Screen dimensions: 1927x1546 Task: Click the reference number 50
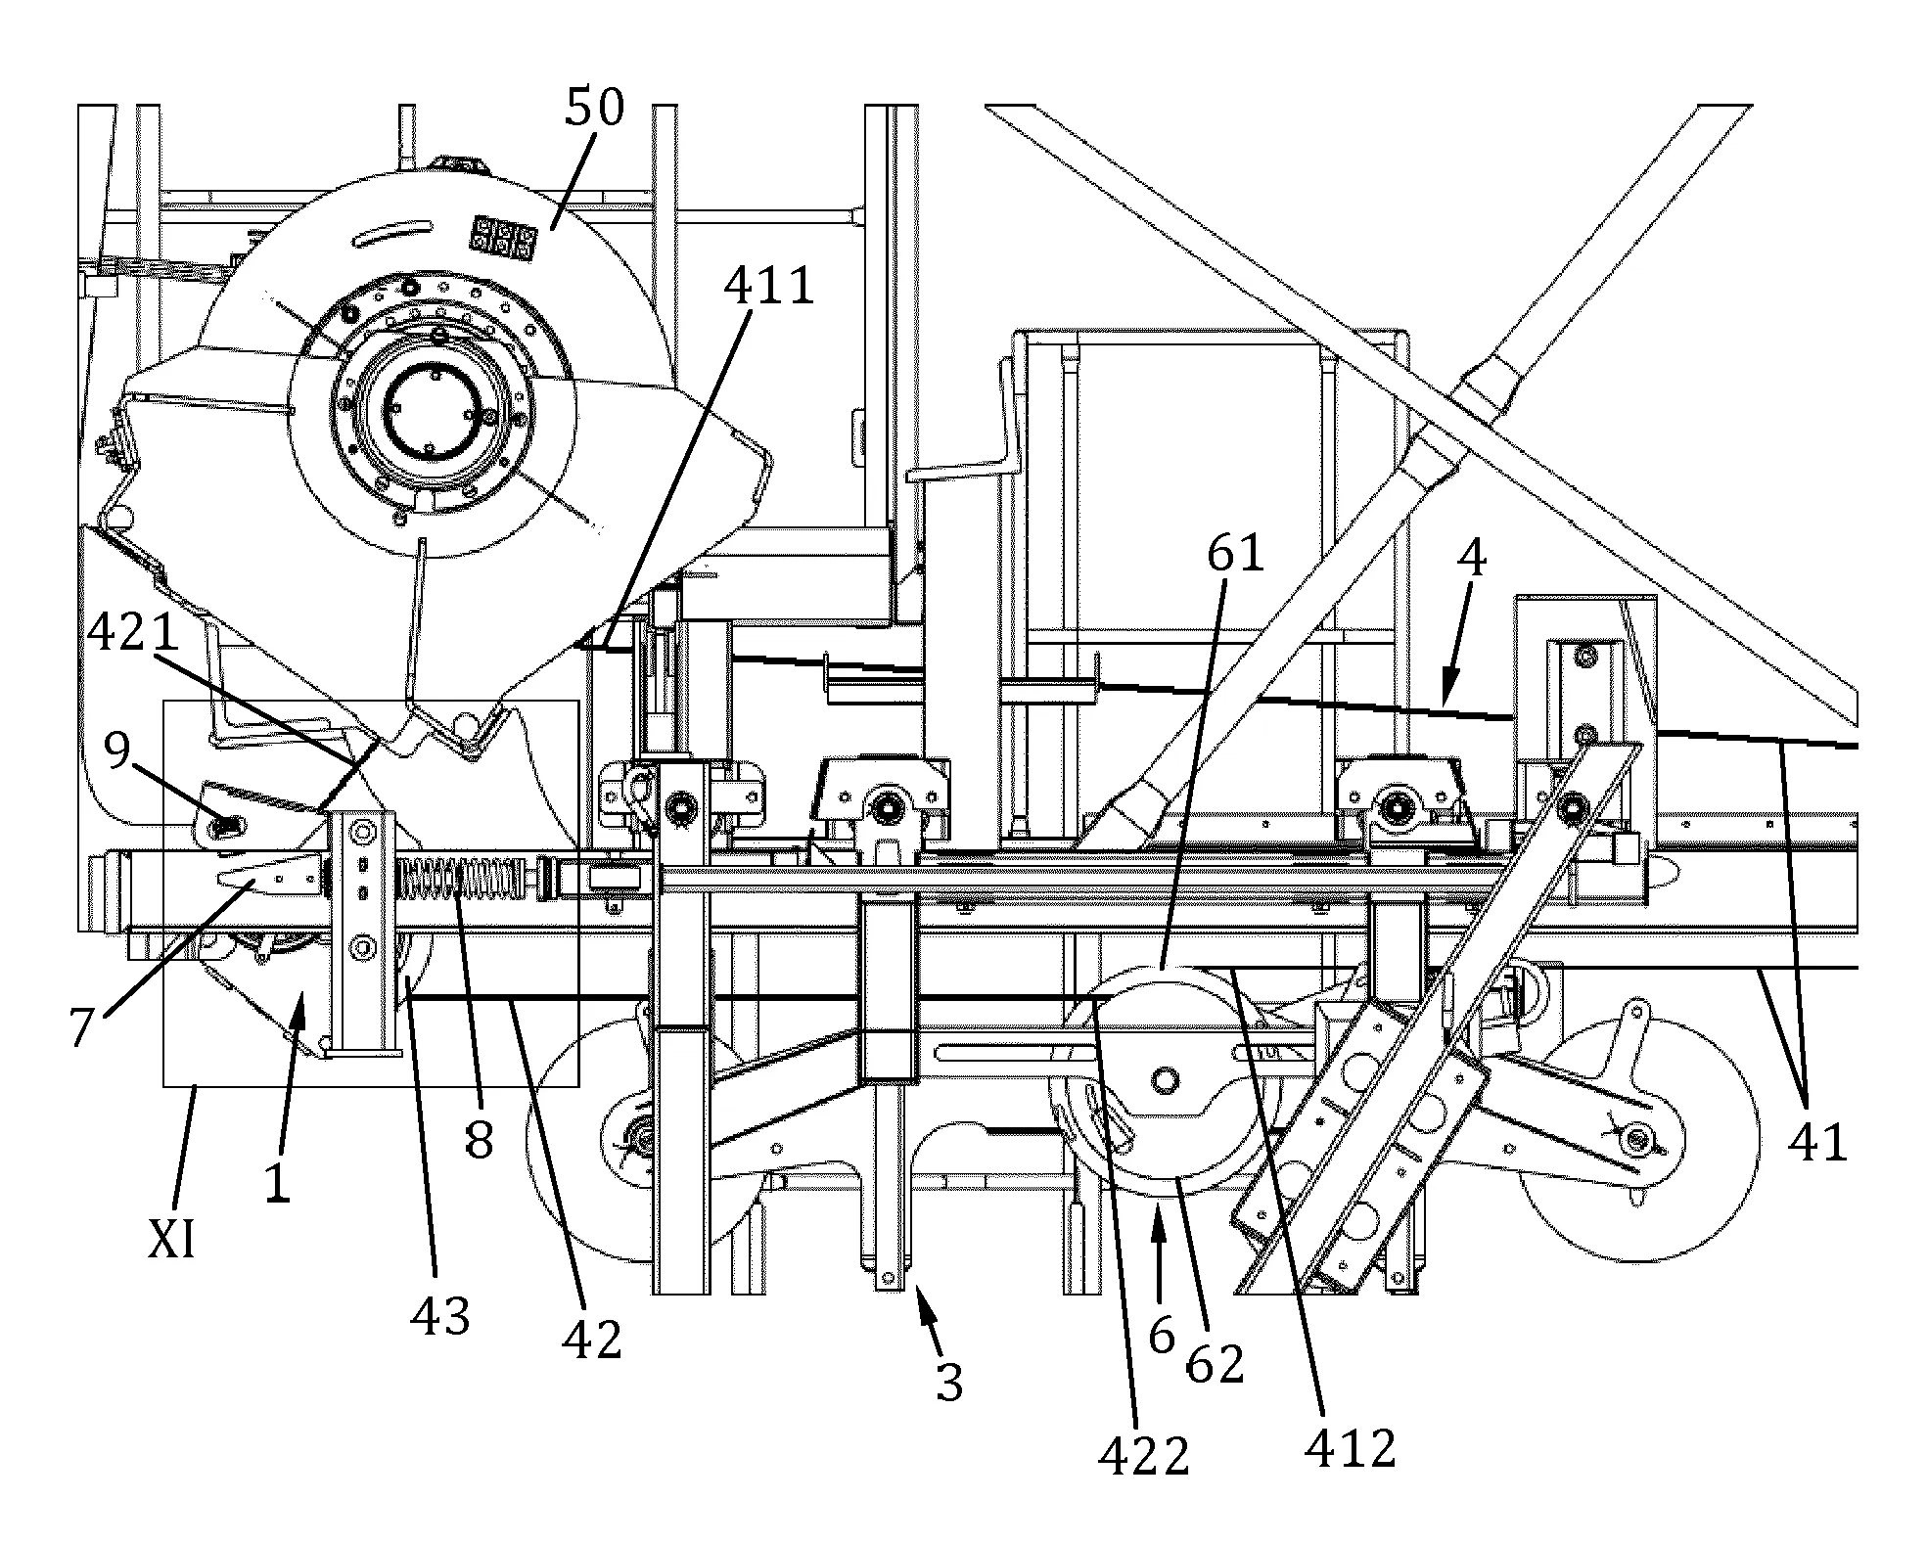[594, 107]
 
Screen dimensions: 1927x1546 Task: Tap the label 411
[768, 287]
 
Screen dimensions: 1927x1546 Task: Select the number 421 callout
[133, 633]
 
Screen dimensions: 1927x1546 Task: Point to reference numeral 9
[117, 753]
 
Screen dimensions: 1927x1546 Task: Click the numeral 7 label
[84, 1028]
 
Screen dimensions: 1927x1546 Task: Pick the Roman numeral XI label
[171, 1241]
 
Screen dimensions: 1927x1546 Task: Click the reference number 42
[593, 1340]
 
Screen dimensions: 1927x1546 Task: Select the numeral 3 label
[949, 1382]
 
